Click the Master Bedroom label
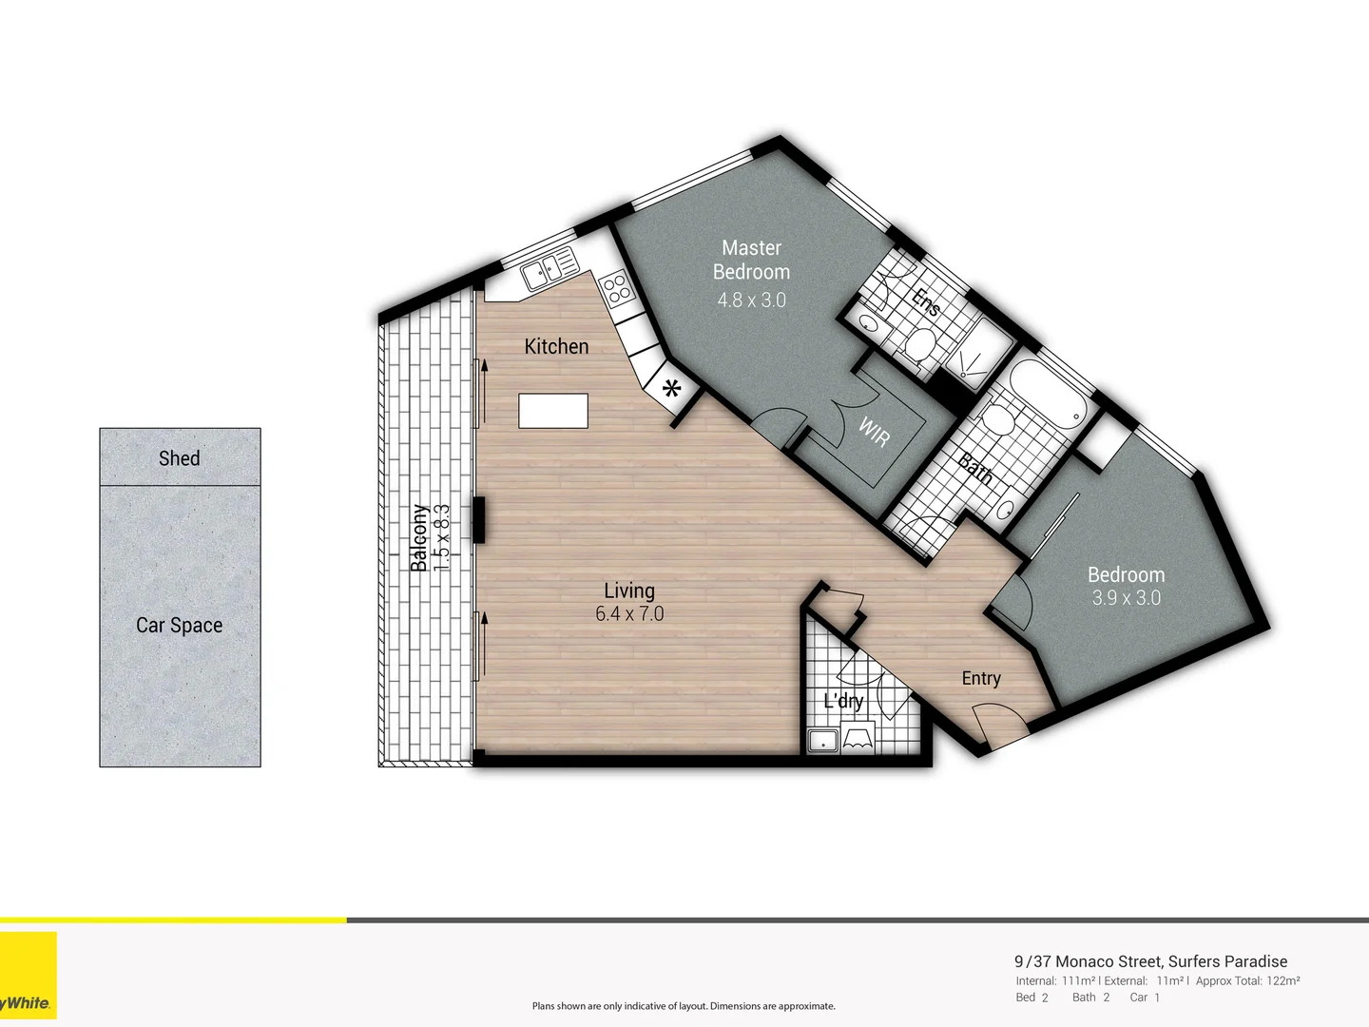click(x=751, y=260)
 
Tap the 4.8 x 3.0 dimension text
click(x=751, y=300)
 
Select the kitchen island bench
click(x=553, y=411)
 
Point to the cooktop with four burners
click(x=616, y=288)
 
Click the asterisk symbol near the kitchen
click(x=672, y=389)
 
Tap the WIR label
click(x=874, y=432)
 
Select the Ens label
click(x=925, y=302)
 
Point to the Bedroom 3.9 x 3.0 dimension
click(x=1126, y=598)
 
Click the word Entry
click(x=981, y=678)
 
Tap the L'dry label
click(x=843, y=701)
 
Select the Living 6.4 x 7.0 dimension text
click(x=629, y=614)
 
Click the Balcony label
click(x=418, y=538)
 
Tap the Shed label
click(x=180, y=458)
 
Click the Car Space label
click(x=180, y=625)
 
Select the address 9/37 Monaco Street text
click(x=1150, y=961)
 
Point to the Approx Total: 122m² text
click(x=1247, y=980)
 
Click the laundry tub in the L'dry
click(x=822, y=740)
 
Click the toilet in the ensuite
click(x=919, y=344)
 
